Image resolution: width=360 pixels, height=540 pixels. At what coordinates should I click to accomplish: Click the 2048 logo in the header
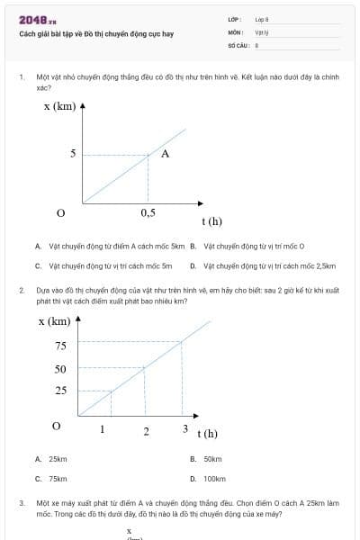point(37,20)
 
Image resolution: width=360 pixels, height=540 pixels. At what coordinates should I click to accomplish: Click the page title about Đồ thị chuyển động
point(96,33)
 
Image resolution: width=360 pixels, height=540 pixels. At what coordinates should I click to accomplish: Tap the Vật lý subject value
point(262,31)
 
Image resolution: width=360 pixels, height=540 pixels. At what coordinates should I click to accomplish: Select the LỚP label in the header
point(234,19)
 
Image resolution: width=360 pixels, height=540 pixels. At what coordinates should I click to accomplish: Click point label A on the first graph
point(165,153)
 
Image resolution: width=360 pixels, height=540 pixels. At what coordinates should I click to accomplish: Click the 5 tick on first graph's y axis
point(73,154)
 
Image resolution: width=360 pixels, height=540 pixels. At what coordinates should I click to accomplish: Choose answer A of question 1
point(110,245)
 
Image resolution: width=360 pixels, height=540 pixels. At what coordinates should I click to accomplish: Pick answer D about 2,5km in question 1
point(263,265)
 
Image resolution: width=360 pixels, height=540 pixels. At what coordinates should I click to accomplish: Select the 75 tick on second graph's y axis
point(60,346)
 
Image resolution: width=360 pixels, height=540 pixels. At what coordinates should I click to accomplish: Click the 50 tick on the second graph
point(60,369)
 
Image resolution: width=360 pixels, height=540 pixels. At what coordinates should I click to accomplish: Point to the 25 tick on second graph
point(60,391)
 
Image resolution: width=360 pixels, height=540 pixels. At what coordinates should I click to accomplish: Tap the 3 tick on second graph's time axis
point(185,427)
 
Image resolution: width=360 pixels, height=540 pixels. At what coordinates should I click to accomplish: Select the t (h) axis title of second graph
point(208,434)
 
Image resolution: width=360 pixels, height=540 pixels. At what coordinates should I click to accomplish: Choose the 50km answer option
point(212,459)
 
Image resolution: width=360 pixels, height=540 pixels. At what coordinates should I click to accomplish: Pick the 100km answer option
point(214,479)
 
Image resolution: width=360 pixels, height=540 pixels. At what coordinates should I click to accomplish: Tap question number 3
point(21,502)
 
